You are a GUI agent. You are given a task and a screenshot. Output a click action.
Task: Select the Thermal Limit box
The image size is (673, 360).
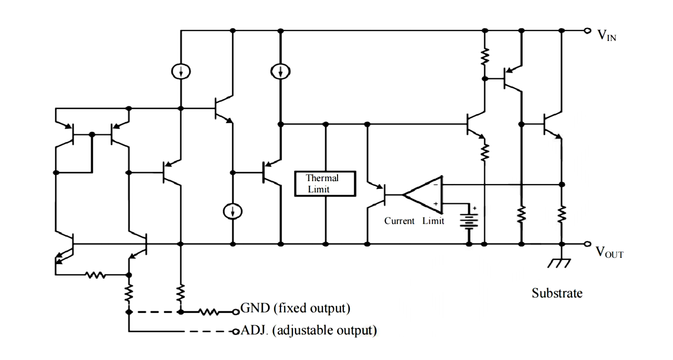[x=325, y=184]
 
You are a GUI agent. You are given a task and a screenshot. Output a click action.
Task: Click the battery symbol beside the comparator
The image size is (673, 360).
[x=469, y=220]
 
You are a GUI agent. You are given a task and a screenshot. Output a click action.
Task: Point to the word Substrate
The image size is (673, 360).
[x=557, y=293]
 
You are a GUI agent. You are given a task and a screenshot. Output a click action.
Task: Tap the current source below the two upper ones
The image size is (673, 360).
[x=233, y=211]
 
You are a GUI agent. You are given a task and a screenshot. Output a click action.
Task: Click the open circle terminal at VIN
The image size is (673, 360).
[x=587, y=31]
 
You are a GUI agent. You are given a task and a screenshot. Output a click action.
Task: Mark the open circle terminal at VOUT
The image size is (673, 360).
[x=587, y=244]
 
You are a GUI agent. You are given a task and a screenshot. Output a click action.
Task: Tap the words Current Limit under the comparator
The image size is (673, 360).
[x=414, y=221]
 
